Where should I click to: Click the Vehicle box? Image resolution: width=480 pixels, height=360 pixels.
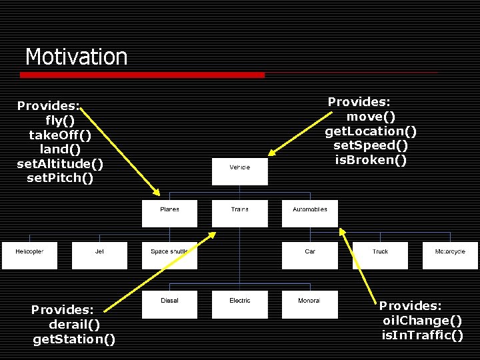pyautogui.click(x=240, y=171)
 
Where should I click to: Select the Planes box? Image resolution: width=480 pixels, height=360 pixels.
pyautogui.click(x=169, y=213)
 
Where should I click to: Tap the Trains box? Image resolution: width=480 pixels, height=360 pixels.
pyautogui.click(x=240, y=213)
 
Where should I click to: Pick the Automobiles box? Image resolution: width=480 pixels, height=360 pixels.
pyautogui.click(x=310, y=213)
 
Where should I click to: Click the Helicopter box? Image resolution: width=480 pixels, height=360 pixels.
pyautogui.click(x=29, y=255)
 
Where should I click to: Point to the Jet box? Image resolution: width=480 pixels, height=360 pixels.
pyautogui.click(x=99, y=255)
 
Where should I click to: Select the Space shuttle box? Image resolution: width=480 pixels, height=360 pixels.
pyautogui.click(x=169, y=255)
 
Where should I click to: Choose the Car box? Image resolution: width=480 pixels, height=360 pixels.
pyautogui.click(x=310, y=255)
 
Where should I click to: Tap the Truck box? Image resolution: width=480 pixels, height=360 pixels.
pyautogui.click(x=380, y=255)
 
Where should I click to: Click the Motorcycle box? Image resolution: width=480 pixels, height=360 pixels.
pyautogui.click(x=450, y=255)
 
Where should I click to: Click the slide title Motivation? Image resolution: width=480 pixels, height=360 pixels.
pyautogui.click(x=76, y=57)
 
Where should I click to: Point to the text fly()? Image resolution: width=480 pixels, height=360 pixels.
pyautogui.click(x=59, y=121)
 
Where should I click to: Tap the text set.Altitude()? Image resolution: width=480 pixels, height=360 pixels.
pyautogui.click(x=60, y=163)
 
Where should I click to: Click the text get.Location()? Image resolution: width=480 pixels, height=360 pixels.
pyautogui.click(x=371, y=131)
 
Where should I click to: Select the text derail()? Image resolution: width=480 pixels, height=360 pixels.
pyautogui.click(x=75, y=325)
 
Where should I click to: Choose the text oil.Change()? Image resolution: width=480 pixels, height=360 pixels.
pyautogui.click(x=422, y=321)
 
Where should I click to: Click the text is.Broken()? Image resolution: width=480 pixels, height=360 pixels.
pyautogui.click(x=371, y=160)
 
